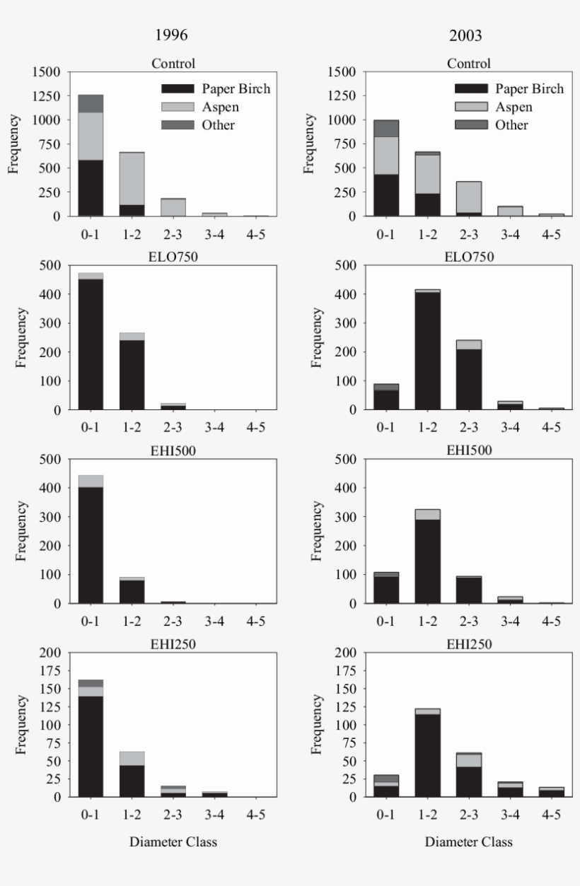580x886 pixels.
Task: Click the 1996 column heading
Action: click(173, 35)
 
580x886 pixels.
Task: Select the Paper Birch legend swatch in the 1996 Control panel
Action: click(177, 88)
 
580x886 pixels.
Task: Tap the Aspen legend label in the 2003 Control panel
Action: click(514, 107)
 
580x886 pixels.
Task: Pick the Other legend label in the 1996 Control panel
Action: click(219, 124)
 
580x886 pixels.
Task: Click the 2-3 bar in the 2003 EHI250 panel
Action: click(468, 775)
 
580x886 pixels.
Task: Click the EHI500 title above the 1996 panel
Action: click(173, 450)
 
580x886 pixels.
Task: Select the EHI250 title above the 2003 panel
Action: click(468, 644)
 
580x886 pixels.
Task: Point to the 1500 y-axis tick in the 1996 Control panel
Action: click(47, 72)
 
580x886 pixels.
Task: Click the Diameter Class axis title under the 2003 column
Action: click(468, 842)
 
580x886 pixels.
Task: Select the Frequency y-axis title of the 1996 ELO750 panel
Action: click(21, 337)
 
